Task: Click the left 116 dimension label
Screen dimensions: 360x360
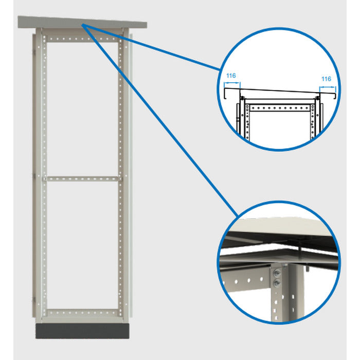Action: click(x=231, y=76)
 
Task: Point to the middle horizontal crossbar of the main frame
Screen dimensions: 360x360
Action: click(x=82, y=178)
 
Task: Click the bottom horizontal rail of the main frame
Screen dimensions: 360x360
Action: click(x=82, y=313)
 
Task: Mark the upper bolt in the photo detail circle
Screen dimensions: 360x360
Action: click(x=278, y=272)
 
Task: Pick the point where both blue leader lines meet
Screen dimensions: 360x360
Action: click(x=82, y=24)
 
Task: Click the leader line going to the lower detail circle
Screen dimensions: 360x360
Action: click(x=159, y=118)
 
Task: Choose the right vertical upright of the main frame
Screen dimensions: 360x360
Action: click(x=121, y=175)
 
